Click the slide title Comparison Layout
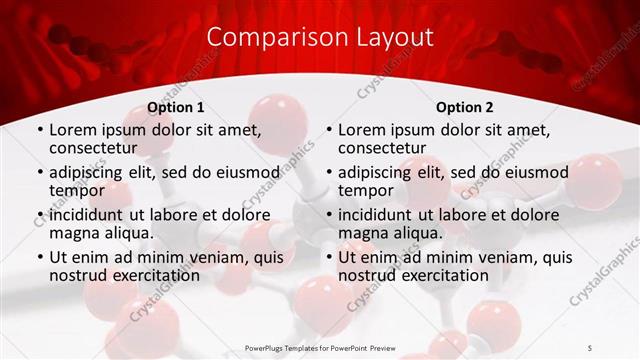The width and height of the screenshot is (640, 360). coord(320,38)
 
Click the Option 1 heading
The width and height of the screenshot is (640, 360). coord(176,107)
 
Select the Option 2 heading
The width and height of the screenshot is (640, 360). coord(464,107)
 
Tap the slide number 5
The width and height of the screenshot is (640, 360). coord(591,348)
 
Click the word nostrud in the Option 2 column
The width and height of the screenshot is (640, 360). coord(367,275)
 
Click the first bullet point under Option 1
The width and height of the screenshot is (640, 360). coord(40,131)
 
